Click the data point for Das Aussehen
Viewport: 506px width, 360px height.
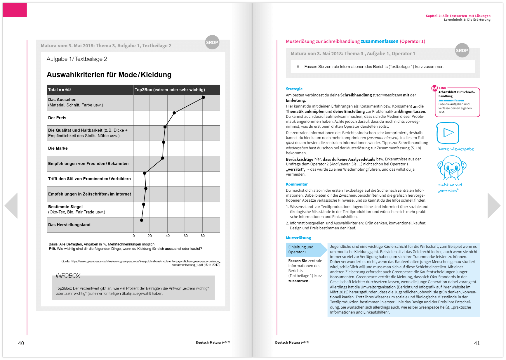203,97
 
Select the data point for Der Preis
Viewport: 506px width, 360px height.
174,113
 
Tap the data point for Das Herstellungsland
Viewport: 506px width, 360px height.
142,220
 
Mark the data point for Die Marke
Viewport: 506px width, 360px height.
164,142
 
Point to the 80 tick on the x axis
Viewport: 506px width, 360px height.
203,236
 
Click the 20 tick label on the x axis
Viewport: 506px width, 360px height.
149,236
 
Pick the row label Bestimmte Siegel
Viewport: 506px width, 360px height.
65,207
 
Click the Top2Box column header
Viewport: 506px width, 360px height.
170,90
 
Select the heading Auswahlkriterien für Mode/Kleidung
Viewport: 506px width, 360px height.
109,75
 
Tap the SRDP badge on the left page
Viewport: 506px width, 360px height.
212,42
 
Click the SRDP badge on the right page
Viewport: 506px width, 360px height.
462,51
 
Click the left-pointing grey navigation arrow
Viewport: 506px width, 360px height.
11,205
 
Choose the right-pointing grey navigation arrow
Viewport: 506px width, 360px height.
494,205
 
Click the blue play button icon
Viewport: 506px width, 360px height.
448,133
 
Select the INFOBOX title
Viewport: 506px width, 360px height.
68,276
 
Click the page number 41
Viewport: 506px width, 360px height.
477,343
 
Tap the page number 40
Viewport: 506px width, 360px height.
21,343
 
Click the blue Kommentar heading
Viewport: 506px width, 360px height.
297,184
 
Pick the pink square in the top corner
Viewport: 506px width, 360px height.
15,10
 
